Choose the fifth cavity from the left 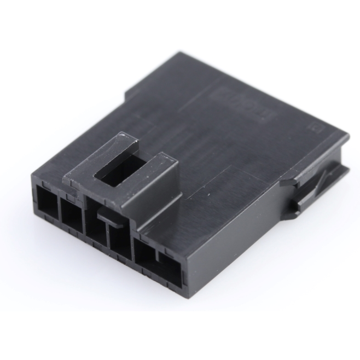(x=146, y=254)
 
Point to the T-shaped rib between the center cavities (x=108, y=222)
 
